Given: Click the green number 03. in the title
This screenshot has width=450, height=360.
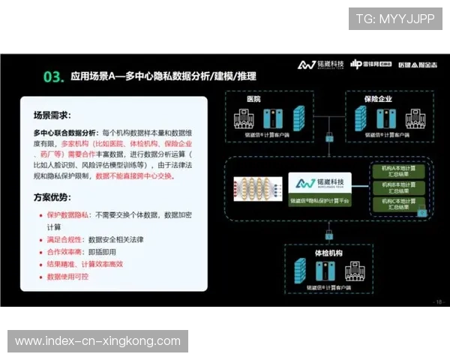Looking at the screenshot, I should (x=53, y=76).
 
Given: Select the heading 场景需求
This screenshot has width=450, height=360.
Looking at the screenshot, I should (x=52, y=115).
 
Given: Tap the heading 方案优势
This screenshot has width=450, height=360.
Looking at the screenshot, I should (x=52, y=198).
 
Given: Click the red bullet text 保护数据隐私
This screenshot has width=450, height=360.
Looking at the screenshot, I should (x=67, y=214).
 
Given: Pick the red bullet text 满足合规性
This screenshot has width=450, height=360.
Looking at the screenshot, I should (x=64, y=239).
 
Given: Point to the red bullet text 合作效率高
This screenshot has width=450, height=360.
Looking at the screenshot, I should (x=64, y=252).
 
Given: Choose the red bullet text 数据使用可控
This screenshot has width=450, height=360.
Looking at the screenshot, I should (x=67, y=277).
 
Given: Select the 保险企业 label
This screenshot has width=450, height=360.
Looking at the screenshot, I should (x=379, y=99).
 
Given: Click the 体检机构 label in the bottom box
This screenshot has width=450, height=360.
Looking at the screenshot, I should (x=328, y=253).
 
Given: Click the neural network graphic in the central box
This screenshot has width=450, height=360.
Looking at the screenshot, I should (x=259, y=188).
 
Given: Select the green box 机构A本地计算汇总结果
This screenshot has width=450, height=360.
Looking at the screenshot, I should (x=397, y=170).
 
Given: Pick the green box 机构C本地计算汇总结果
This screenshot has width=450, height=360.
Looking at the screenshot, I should (x=397, y=205).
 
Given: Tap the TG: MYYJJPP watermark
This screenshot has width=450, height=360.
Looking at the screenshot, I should (x=395, y=19).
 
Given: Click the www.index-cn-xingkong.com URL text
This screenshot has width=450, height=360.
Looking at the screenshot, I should (x=98, y=341).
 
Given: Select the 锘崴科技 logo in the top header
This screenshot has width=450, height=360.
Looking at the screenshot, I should (x=321, y=64).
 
